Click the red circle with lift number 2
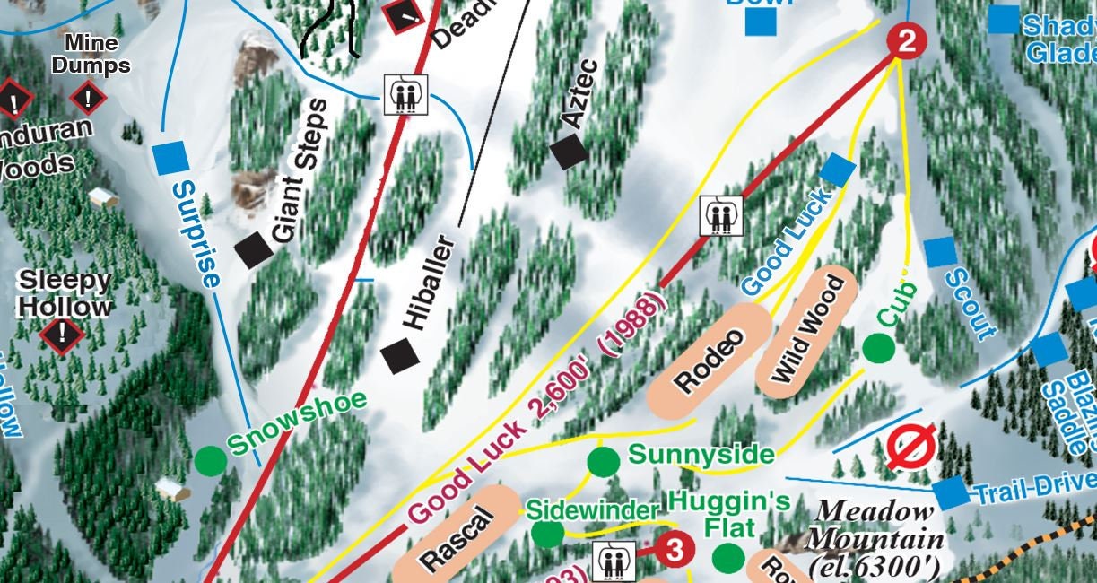906,40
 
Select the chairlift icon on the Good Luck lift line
720,215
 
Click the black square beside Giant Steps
256,250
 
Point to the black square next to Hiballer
400,356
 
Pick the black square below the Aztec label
569,152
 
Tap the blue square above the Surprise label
170,158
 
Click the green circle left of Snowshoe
210,460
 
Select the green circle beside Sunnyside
603,462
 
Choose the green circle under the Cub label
877,348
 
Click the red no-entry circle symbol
911,447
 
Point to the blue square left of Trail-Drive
951,492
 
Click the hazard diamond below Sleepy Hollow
62,335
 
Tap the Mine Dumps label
91,54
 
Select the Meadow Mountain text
875,537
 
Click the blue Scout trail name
971,303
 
